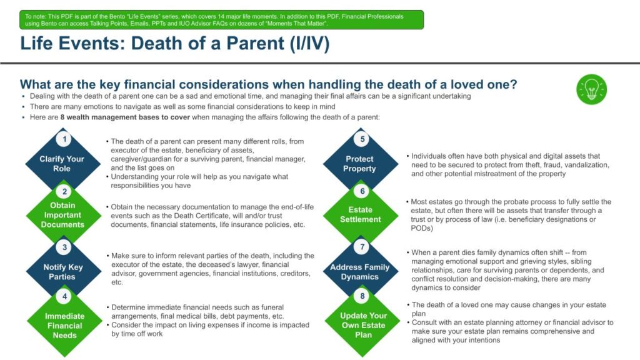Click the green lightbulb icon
(x=591, y=89)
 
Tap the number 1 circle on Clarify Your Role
(x=64, y=139)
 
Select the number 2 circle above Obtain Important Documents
(x=64, y=191)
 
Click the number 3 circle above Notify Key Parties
(x=64, y=247)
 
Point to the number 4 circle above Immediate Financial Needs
(x=64, y=296)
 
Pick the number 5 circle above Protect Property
(x=362, y=139)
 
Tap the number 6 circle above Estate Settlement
(x=362, y=191)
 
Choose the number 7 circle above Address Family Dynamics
(x=362, y=246)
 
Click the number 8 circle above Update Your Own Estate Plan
(x=362, y=296)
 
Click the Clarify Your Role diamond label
(x=62, y=164)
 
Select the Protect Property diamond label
(x=359, y=164)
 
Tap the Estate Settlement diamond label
(x=361, y=214)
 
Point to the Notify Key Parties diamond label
(x=63, y=272)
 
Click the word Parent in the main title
(x=255, y=44)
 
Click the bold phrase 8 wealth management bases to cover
(x=125, y=117)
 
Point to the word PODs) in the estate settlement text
(x=422, y=228)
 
